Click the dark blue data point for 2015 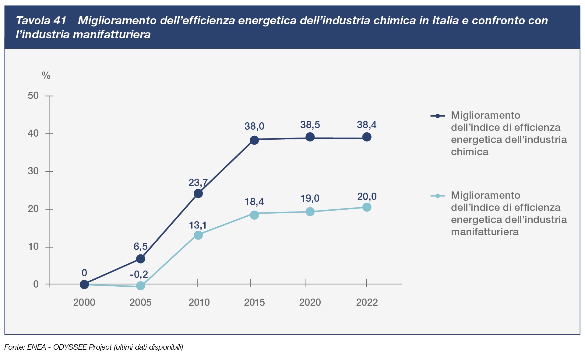[254, 140]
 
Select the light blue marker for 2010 [198, 235]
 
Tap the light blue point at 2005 [140, 286]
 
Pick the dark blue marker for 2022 [367, 137]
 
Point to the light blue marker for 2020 [310, 211]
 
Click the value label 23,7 [198, 183]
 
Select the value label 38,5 [310, 125]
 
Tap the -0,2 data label [139, 274]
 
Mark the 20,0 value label [367, 197]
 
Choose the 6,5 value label [140, 246]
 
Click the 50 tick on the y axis [33, 96]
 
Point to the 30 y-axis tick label [33, 171]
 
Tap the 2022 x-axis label [367, 302]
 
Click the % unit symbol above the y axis [46, 75]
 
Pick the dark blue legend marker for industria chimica [438, 116]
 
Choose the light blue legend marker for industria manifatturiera [438, 196]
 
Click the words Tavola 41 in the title [41, 21]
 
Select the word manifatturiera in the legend [485, 232]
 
